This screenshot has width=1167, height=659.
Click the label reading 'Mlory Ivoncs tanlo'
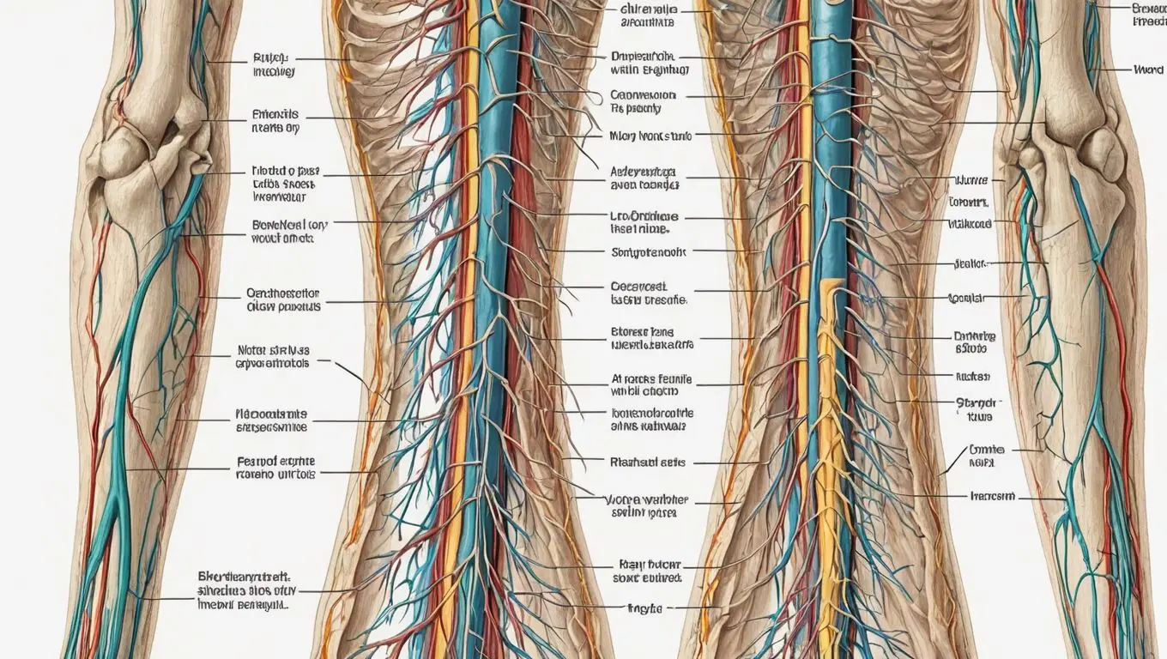pos(650,136)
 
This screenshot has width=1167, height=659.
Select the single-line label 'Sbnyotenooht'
pos(649,253)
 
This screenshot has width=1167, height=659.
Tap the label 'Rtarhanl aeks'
pos(648,462)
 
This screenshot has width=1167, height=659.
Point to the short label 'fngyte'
pos(644,608)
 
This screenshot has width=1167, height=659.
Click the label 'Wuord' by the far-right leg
pos(1147,70)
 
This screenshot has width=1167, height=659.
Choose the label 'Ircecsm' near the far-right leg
pos(992,496)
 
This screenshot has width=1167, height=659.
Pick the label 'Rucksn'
pos(973,376)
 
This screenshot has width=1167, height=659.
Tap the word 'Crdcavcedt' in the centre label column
pos(638,287)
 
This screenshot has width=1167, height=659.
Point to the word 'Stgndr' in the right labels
pos(976,402)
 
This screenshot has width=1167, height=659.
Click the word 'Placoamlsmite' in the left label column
pos(272,413)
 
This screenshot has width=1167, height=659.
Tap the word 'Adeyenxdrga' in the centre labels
pos(644,172)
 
